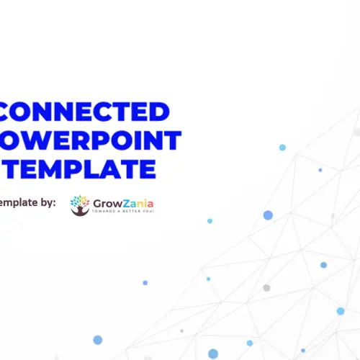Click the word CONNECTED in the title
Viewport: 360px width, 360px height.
[x=86, y=112]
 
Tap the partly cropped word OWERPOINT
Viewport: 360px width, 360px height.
[x=91, y=140]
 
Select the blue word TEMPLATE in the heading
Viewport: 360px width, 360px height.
[x=80, y=168]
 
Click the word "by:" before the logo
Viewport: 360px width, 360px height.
[x=45, y=203]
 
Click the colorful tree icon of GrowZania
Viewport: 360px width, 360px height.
[x=80, y=204]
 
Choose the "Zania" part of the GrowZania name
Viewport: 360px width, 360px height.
[x=138, y=202]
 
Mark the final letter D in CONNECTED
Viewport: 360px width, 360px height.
[x=160, y=112]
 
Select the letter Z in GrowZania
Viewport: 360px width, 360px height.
[x=126, y=202]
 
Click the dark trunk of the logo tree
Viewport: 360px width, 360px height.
[x=80, y=210]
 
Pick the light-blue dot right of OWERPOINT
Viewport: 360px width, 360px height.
[x=282, y=147]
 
